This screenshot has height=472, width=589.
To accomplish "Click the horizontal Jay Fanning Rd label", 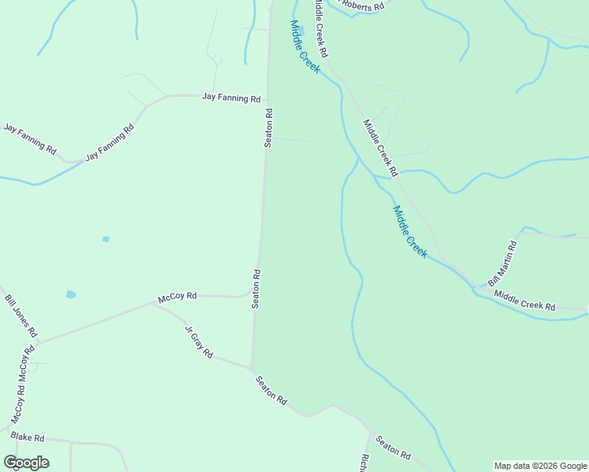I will click(231, 98).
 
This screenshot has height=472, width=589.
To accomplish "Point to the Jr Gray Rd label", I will click(198, 342).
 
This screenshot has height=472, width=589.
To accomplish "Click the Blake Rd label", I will click(28, 438).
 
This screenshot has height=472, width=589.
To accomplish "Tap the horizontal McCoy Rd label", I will click(176, 297).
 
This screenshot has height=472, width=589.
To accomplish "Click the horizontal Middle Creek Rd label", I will click(524, 301).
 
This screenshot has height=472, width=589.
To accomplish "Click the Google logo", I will click(26, 463).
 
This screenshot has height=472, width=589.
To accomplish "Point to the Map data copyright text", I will click(540, 466).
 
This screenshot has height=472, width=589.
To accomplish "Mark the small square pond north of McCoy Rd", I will click(106, 239).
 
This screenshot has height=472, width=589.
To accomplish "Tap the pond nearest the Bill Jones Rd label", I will click(71, 294).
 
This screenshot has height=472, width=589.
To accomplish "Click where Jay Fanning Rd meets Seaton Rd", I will click(269, 97).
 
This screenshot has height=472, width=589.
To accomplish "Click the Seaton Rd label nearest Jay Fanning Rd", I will click(269, 127).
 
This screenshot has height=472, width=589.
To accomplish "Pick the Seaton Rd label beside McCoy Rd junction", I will click(256, 289).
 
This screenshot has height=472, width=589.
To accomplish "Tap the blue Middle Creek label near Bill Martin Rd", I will click(409, 232).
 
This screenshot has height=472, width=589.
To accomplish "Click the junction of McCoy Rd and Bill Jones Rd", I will click(35, 343).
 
